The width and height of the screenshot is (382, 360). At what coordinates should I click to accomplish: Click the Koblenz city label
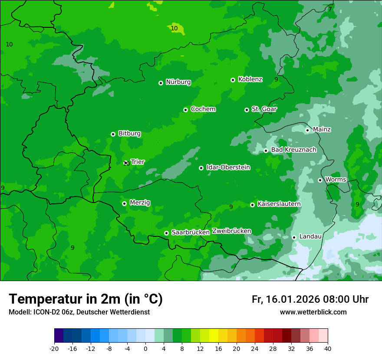click(250, 79)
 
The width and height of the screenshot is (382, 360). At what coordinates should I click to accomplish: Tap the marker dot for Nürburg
click(161, 83)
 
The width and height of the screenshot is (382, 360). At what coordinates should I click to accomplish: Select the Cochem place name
click(203, 109)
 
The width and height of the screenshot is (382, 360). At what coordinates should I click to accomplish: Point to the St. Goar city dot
click(247, 110)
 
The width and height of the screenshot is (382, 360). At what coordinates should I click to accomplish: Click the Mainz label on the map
click(322, 130)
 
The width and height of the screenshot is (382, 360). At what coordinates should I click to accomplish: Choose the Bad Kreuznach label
click(293, 150)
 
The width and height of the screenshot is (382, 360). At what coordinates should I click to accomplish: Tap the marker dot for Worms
click(320, 180)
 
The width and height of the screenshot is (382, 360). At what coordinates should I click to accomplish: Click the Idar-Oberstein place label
click(228, 167)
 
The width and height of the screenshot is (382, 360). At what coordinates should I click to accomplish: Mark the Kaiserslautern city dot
click(252, 205)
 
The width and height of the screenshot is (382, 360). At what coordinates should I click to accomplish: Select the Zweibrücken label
click(231, 231)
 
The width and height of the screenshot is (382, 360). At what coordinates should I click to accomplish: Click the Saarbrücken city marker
click(166, 233)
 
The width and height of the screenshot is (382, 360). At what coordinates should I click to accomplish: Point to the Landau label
click(310, 237)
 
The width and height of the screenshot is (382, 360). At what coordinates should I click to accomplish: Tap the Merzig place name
click(140, 203)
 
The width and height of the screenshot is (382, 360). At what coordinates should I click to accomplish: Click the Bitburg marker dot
click(113, 134)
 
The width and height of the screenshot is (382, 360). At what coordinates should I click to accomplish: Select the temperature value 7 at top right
click(330, 9)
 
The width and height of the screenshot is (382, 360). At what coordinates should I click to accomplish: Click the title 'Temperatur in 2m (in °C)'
click(86, 299)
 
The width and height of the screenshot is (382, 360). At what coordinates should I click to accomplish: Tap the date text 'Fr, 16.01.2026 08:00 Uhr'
click(310, 299)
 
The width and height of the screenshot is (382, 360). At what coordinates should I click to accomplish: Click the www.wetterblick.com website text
click(313, 312)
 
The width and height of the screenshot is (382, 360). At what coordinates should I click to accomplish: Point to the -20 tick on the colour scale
click(54, 348)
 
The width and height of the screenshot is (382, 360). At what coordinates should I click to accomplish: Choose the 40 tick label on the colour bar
click(328, 348)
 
